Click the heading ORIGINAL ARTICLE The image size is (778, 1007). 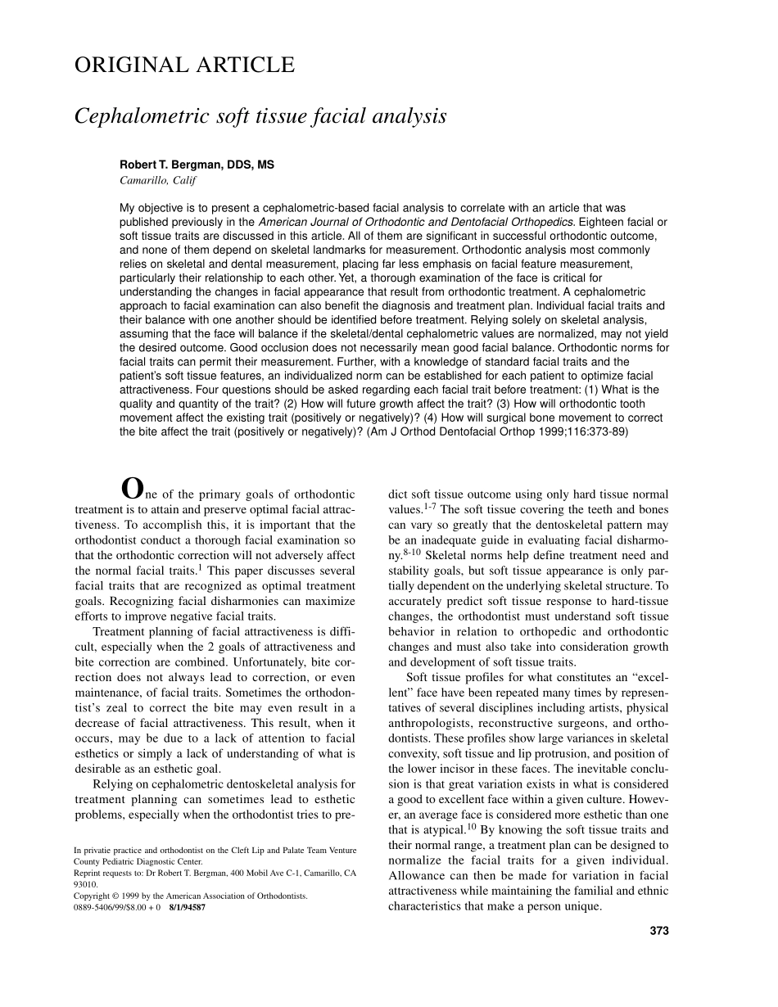click(x=184, y=65)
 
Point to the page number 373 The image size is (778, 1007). click(x=659, y=930)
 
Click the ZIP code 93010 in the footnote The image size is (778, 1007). click(x=85, y=885)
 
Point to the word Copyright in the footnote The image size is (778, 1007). click(x=92, y=896)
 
